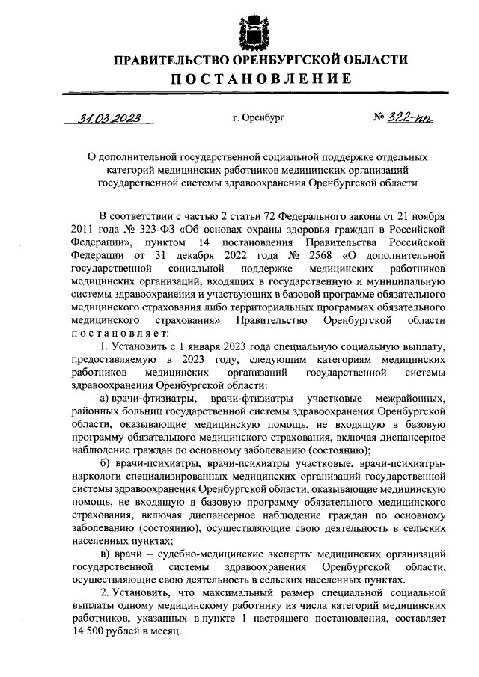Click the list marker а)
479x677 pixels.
tap(106, 399)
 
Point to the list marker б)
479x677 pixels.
tap(106, 466)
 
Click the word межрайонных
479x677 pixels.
tap(413, 399)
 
